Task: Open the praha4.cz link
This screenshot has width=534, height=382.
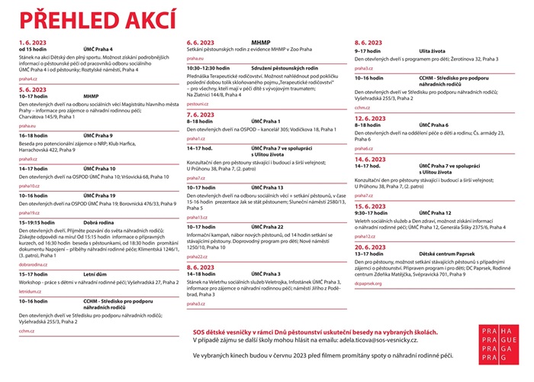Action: tap(27, 79)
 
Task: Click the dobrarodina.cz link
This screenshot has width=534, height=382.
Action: tap(34, 264)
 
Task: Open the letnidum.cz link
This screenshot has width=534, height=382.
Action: tap(31, 291)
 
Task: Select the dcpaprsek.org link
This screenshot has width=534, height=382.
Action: tap(368, 283)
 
